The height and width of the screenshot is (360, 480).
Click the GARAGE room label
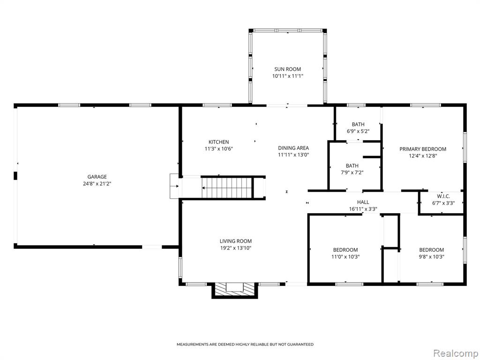coord(97,177)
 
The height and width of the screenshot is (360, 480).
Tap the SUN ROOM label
coord(287,69)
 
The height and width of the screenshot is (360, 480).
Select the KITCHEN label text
coord(218,142)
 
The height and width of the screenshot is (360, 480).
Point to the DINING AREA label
coord(293,148)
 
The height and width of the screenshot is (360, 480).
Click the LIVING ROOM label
coord(236,241)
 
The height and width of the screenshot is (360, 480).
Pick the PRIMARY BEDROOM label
coord(423,149)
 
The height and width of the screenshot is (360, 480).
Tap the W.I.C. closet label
coord(443,196)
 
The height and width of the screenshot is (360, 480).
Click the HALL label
coord(363,202)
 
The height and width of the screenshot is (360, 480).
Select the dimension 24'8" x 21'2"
coord(97,184)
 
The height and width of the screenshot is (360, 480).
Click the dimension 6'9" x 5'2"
coord(358,131)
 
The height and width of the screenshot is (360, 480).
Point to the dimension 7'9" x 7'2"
coord(352,172)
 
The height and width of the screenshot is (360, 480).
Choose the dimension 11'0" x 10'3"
coord(345,257)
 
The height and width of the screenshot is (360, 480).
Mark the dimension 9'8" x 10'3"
coord(432,257)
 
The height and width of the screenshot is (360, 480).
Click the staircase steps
coord(227,187)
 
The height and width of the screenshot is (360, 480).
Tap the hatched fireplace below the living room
coord(235,290)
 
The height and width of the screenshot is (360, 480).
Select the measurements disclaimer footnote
coord(245,345)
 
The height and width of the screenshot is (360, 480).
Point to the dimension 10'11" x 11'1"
coord(287,76)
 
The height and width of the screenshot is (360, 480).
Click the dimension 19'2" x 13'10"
coord(236,248)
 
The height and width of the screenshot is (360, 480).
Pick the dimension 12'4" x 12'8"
coord(423,156)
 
